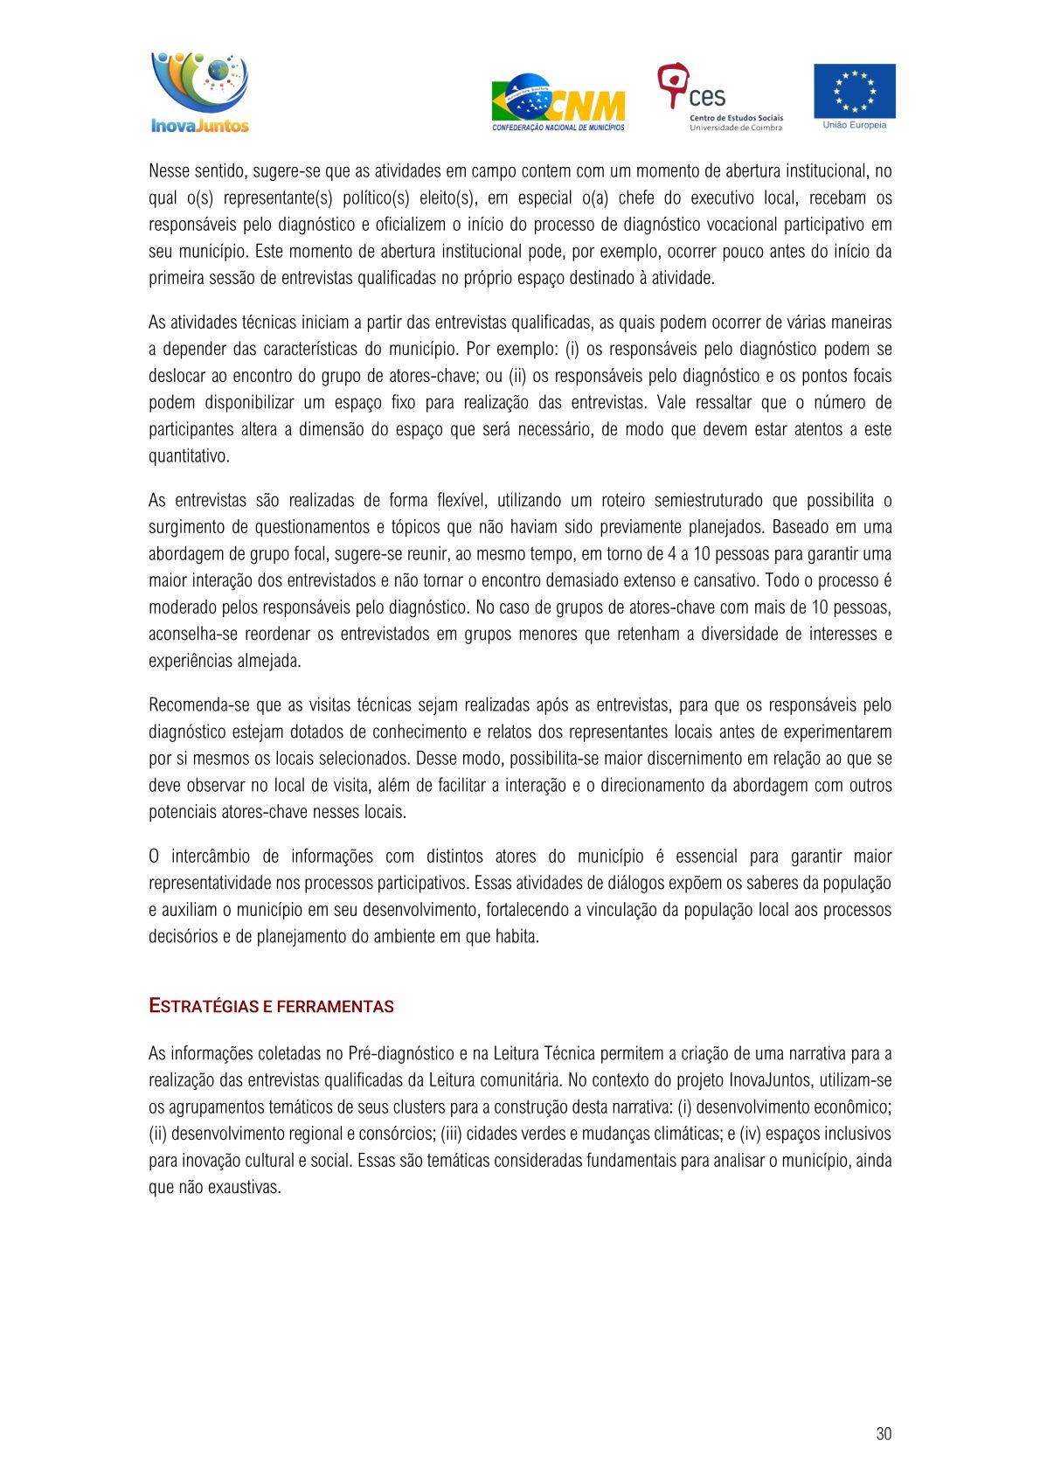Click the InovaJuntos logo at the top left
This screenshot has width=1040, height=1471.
pyautogui.click(x=199, y=94)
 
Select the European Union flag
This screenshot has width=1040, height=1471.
pyautogui.click(x=854, y=91)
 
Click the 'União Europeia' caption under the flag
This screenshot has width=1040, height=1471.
pyautogui.click(x=854, y=125)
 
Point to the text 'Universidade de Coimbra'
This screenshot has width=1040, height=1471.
pyautogui.click(x=735, y=128)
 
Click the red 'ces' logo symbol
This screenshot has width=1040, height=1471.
pyautogui.click(x=672, y=84)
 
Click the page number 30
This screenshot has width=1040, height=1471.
pyautogui.click(x=884, y=1433)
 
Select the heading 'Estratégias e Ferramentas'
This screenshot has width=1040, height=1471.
pyautogui.click(x=271, y=1006)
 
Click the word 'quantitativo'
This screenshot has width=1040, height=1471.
pyautogui.click(x=188, y=456)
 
